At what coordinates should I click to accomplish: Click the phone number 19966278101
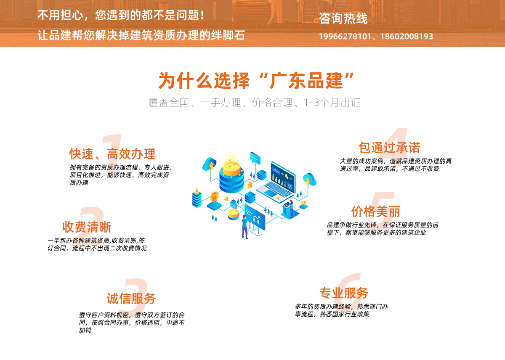pos(345,36)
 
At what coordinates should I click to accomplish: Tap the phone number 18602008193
pos(407,36)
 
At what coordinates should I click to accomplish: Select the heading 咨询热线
pos(343,18)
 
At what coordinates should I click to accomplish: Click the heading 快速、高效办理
pos(112,154)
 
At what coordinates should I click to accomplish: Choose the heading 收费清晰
pos(87,227)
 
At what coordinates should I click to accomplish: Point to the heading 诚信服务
pos(131,299)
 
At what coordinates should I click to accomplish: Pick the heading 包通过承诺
pos(389,148)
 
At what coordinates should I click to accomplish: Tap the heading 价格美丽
pos(375,212)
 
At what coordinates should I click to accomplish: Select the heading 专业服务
pos(344,293)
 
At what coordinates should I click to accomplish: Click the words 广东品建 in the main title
pos(306,81)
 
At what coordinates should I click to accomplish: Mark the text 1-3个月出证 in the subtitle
pos(332,103)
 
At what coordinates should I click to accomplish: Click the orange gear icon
pos(214,197)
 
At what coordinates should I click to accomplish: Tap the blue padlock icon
pos(233,204)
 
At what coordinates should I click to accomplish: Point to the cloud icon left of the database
pos(209,164)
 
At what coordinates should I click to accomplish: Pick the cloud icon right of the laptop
pos(310,179)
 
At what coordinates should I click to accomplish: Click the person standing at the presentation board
pos(245,226)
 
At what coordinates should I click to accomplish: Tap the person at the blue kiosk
pos(291,208)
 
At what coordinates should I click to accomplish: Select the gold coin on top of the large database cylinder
pos(231,167)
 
